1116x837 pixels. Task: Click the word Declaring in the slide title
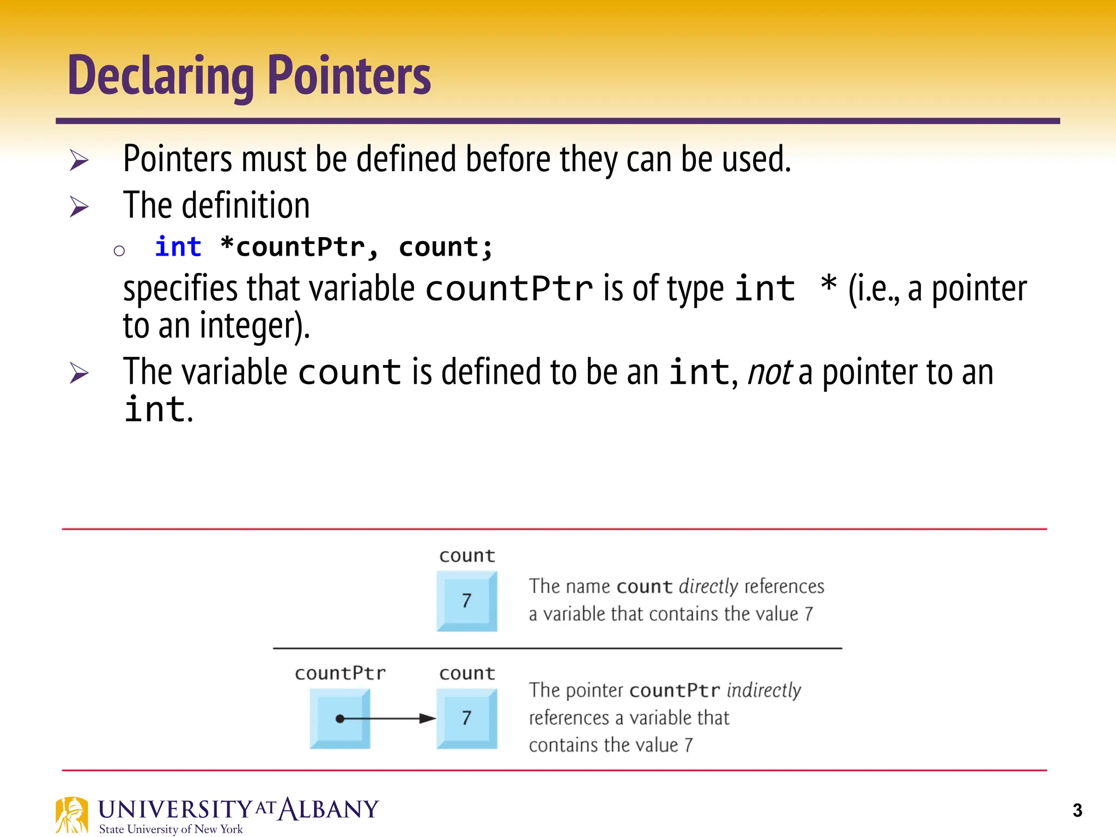pyautogui.click(x=161, y=76)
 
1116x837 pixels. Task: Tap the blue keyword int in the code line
pyautogui.click(x=178, y=247)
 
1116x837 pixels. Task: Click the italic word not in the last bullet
pyautogui.click(x=769, y=373)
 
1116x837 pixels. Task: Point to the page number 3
pyautogui.click(x=1077, y=810)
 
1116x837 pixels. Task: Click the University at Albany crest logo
pyautogui.click(x=71, y=815)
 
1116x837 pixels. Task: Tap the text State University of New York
pyautogui.click(x=171, y=829)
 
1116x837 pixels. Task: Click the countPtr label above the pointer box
pyautogui.click(x=340, y=674)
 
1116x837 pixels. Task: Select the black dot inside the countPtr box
pyautogui.click(x=340, y=719)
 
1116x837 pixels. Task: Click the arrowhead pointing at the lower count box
pyautogui.click(x=427, y=719)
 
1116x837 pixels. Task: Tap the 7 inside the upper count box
pyautogui.click(x=466, y=601)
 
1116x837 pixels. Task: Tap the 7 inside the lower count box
pyautogui.click(x=466, y=718)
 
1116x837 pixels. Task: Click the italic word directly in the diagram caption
pyautogui.click(x=708, y=586)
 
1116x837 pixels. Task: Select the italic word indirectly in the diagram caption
pyautogui.click(x=763, y=690)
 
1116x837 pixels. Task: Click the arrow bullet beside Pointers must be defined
pyautogui.click(x=79, y=160)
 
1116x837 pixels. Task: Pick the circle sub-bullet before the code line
pyautogui.click(x=119, y=251)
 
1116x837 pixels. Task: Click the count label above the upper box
pyautogui.click(x=467, y=556)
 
